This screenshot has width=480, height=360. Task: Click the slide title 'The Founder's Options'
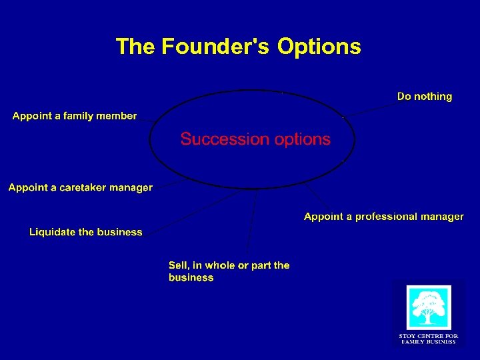(238, 47)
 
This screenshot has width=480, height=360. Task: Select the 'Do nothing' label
(424, 97)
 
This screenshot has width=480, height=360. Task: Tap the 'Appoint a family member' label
(75, 116)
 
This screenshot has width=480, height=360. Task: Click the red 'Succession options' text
(255, 139)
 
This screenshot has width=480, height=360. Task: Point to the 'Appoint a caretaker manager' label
(81, 188)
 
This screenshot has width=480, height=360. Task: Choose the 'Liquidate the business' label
(86, 232)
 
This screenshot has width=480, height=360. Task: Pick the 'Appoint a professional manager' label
(383, 217)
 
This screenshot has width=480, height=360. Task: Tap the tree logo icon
(429, 307)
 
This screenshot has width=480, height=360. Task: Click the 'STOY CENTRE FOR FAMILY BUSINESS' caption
(428, 339)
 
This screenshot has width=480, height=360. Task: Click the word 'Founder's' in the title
(217, 47)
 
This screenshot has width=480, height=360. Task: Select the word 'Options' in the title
(319, 47)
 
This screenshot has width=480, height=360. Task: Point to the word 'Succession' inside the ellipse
(221, 139)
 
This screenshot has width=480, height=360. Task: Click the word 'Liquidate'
(52, 232)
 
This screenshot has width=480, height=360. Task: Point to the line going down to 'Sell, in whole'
(251, 220)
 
